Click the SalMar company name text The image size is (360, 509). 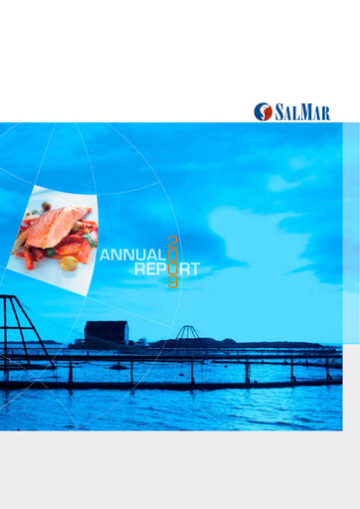pos(303,111)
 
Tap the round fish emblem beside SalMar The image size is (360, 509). pos(264,111)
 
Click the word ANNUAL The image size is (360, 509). pos(132,254)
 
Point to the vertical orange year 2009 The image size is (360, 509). pos(172,261)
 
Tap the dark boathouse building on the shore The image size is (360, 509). pos(105,335)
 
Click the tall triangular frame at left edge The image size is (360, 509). pos(18,328)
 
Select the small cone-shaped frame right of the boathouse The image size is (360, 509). pos(186,333)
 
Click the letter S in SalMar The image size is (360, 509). pos(282,111)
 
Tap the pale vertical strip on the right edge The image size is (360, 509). pos(350,229)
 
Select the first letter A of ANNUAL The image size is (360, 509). pos(106,254)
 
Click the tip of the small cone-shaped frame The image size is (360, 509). pos(186,326)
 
